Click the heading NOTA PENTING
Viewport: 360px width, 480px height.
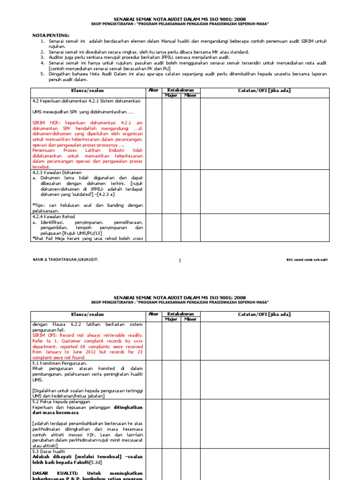click(50, 35)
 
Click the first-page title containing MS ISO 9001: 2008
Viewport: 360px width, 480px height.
click(180, 19)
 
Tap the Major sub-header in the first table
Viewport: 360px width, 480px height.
click(170, 95)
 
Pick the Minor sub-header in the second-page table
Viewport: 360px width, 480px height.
click(190, 319)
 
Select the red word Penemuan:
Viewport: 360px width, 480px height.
click(45, 150)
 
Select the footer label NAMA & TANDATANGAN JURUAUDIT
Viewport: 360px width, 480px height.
click(65, 260)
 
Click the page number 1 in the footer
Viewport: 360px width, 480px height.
click(180, 260)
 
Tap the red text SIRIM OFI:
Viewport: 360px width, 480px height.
click(46, 336)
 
